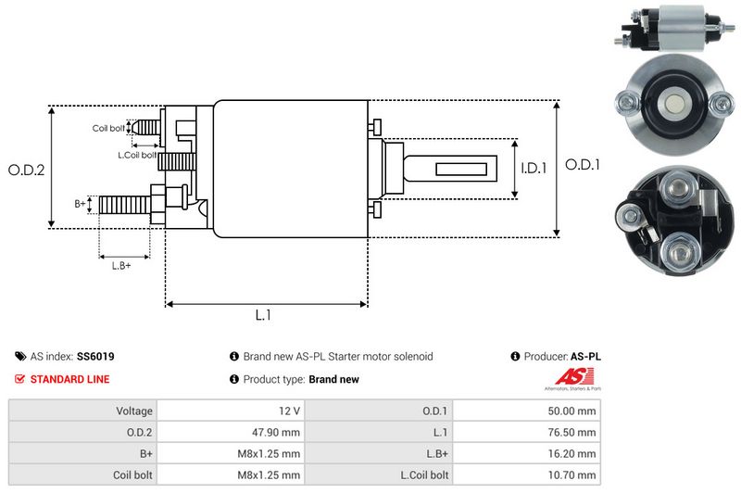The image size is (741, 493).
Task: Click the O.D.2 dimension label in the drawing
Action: tap(26, 170)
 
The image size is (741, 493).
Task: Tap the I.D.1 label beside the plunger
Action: tap(534, 169)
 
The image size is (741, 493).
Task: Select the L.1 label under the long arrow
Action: tap(263, 315)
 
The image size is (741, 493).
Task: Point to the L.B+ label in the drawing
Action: tap(121, 266)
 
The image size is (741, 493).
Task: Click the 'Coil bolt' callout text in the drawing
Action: tap(108, 128)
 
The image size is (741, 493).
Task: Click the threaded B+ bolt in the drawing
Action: tap(124, 204)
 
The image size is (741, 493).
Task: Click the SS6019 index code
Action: tap(96, 356)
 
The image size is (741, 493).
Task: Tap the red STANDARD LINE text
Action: tap(69, 379)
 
